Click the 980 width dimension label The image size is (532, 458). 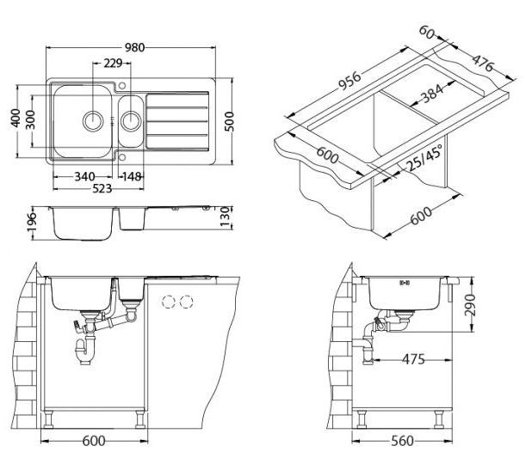(x=135, y=48)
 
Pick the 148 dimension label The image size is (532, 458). (x=130, y=178)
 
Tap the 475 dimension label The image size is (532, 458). (x=413, y=359)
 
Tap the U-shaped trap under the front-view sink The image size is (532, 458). (x=87, y=351)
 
